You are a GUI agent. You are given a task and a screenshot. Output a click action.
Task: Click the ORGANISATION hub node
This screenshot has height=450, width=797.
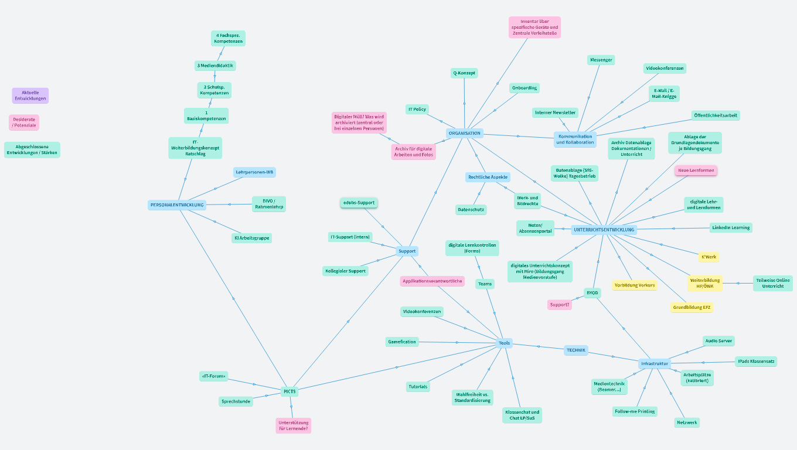(465, 134)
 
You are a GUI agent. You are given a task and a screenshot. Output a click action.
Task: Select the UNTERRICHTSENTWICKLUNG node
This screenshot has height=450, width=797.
(604, 230)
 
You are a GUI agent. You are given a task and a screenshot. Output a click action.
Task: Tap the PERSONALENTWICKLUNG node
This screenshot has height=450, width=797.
(177, 205)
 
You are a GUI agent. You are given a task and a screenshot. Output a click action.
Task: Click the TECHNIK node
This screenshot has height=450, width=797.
(576, 350)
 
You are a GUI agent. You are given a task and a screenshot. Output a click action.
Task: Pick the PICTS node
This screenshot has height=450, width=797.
(289, 391)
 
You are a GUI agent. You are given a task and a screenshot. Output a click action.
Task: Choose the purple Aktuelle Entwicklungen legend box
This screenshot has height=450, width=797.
(30, 96)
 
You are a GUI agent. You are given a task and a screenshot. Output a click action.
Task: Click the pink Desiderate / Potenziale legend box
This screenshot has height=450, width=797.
(24, 122)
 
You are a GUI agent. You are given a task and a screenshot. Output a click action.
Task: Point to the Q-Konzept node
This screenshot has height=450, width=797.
(464, 73)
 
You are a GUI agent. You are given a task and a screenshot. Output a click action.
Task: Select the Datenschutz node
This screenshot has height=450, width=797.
(471, 209)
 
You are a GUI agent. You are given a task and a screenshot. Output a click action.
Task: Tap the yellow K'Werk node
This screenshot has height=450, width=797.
(709, 257)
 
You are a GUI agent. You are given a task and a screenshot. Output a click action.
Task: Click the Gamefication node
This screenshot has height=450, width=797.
(401, 342)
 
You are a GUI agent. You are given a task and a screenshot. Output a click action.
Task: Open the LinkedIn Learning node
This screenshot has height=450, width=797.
(731, 227)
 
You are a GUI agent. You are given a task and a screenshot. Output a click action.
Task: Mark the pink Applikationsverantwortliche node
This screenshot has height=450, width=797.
(432, 281)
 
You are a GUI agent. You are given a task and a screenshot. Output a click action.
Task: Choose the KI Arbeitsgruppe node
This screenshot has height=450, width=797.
(252, 238)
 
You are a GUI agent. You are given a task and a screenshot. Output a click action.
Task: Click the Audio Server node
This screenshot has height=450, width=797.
(718, 341)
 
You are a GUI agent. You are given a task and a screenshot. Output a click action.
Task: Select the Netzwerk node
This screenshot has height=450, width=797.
(687, 422)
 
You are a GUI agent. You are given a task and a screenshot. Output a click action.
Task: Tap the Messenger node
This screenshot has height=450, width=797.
(601, 60)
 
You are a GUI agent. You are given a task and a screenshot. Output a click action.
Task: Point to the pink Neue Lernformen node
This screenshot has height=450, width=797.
(696, 171)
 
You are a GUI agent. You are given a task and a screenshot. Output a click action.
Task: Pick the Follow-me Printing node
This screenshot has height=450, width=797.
(635, 411)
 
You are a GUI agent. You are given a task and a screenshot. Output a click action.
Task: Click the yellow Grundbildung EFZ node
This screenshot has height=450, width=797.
(692, 308)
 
